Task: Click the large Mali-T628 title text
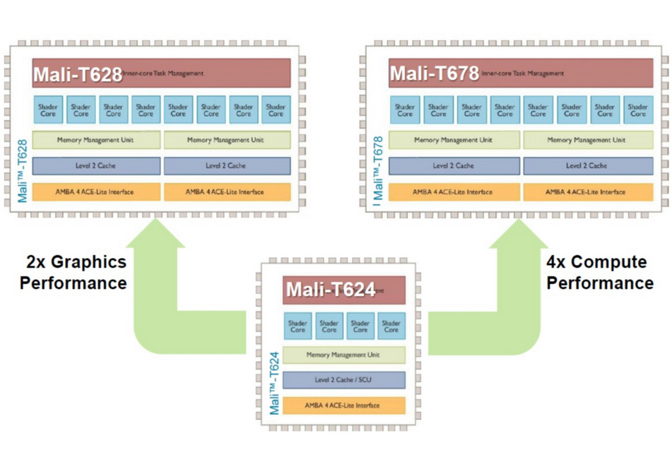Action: (76, 73)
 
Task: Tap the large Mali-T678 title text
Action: (434, 73)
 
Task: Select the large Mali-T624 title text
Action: (329, 290)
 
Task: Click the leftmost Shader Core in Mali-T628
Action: (48, 110)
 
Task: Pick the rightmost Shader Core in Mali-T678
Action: (637, 110)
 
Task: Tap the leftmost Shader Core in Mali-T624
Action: (297, 326)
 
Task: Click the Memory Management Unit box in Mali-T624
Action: (343, 355)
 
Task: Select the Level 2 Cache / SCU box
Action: (343, 380)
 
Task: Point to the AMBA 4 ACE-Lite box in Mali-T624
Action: (343, 406)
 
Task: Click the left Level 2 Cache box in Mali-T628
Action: (96, 166)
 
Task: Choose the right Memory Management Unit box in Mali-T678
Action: (586, 140)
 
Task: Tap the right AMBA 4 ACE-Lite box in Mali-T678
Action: (586, 191)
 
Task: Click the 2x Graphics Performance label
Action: (73, 273)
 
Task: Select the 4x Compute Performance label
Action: (600, 273)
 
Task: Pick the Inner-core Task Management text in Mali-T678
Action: (523, 73)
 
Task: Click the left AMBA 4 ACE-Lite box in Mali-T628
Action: (96, 191)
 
